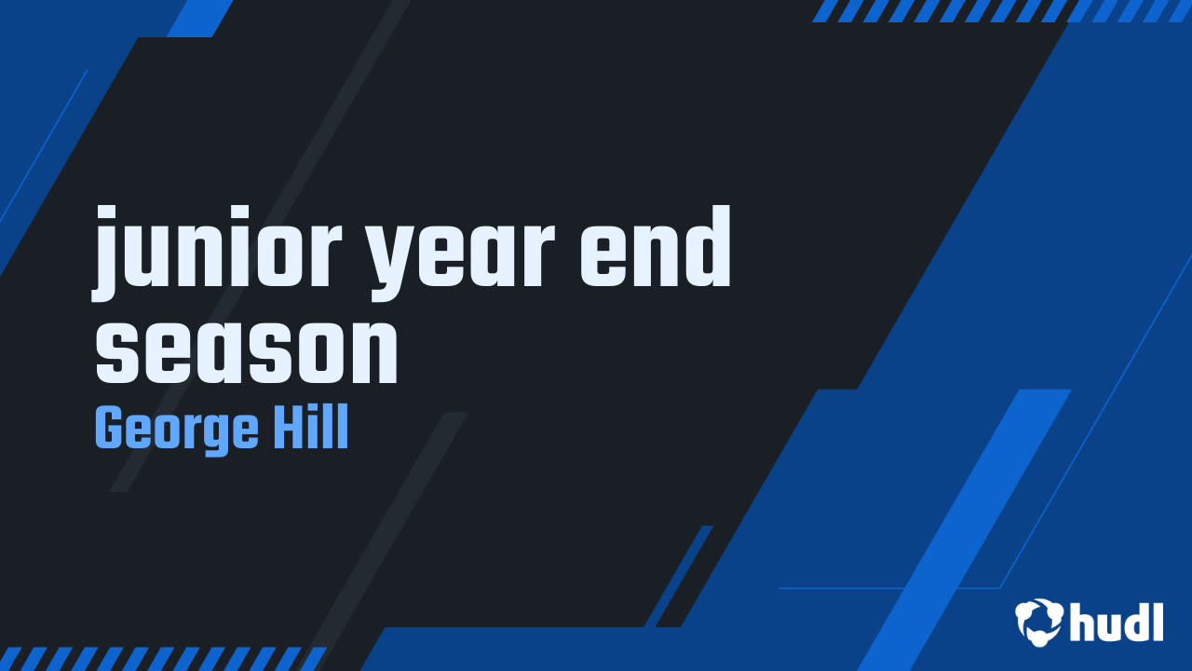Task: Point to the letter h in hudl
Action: [1085, 622]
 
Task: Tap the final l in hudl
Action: [1158, 621]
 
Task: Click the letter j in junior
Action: [110, 256]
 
